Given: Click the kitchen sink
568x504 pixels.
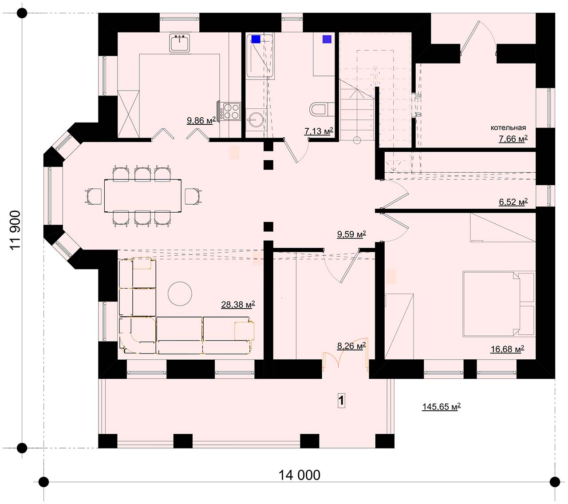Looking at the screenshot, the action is pos(179,43).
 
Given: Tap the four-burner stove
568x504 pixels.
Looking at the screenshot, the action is pos(230,111).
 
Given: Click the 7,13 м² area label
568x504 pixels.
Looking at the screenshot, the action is pos(319,131).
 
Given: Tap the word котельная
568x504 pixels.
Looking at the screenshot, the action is pos(508,128).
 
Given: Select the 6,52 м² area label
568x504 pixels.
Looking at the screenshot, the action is pos(513,202).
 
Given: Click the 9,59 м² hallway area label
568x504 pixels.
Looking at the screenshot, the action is pos(351,234).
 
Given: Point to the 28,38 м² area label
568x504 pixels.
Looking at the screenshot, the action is pos(238,305).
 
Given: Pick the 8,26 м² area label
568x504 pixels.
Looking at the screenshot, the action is pos(351,346).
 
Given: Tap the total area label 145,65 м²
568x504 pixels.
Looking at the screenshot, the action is pos(442,406).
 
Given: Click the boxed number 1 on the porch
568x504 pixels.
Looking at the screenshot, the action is pos(341,400).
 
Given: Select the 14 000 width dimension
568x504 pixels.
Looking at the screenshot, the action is pos(299,476).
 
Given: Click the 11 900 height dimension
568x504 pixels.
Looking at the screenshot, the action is pos(15,230).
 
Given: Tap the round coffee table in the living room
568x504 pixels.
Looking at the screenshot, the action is pos(180,294).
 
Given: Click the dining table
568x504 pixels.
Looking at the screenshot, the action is pos(143,195).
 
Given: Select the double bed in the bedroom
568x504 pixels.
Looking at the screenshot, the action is pos(499,303).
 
